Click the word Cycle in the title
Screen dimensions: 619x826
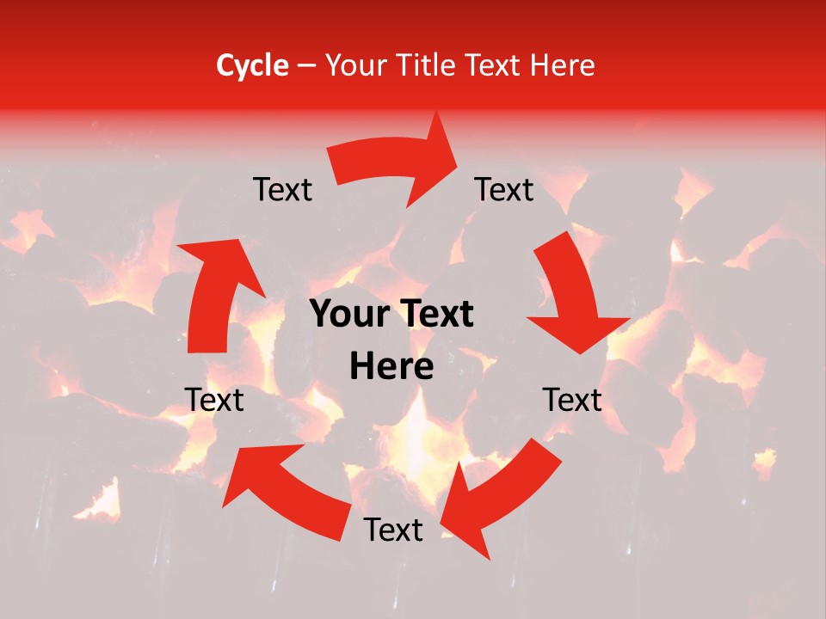[252, 65]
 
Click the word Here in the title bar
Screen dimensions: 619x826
[562, 65]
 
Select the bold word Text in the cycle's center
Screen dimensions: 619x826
[435, 315]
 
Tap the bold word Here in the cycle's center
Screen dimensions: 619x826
[391, 367]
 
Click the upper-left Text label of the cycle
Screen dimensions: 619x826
[283, 189]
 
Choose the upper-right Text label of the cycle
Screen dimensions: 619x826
[504, 189]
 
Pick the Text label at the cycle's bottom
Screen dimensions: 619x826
[393, 530]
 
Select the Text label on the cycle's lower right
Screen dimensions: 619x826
[573, 400]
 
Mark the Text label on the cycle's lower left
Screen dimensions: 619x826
[215, 400]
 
